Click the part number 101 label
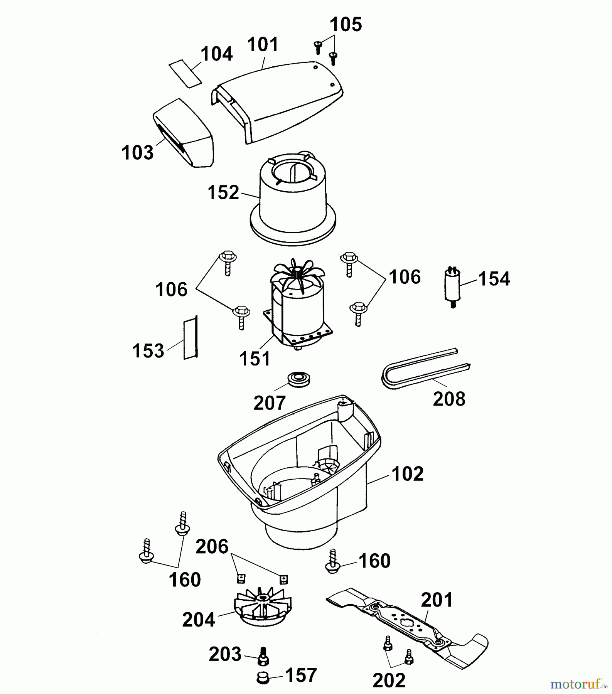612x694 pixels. pyautogui.click(x=263, y=45)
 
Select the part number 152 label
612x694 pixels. pyautogui.click(x=223, y=192)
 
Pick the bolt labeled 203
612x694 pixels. pyautogui.click(x=263, y=655)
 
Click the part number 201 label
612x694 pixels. pyautogui.click(x=437, y=600)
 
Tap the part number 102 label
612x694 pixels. pyautogui.click(x=407, y=474)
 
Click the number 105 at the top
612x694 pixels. pyautogui.click(x=346, y=25)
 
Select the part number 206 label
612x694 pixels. pyautogui.click(x=212, y=547)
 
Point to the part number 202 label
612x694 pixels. pyautogui.click(x=389, y=681)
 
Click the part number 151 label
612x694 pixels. pyautogui.click(x=255, y=359)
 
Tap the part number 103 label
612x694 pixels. pyautogui.click(x=137, y=153)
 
